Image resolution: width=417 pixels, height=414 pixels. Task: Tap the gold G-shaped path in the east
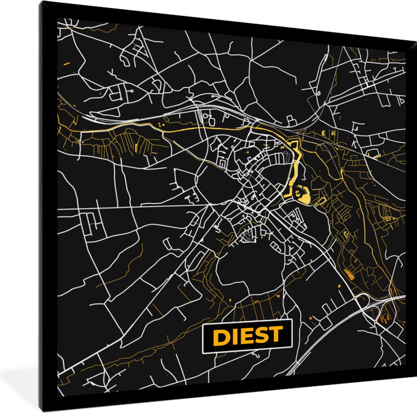click(x=346, y=235)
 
